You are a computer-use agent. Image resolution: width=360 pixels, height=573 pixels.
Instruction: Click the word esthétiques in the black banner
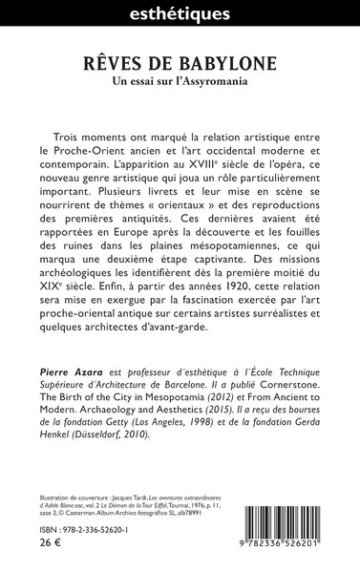[180, 14]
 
